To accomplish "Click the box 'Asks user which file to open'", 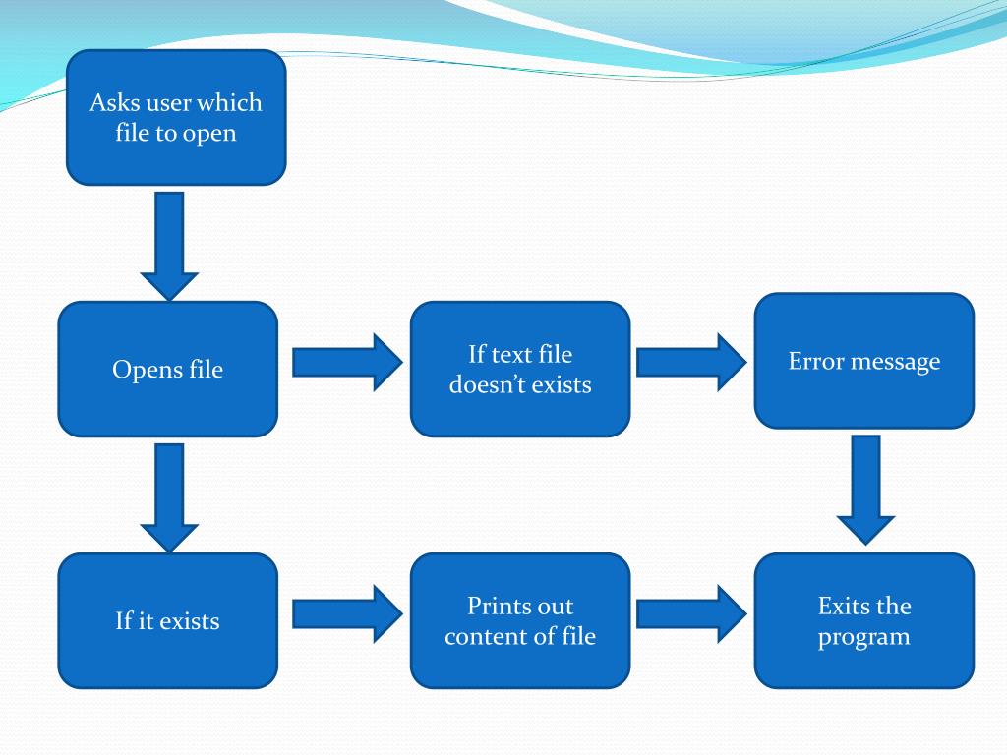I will point(176,117).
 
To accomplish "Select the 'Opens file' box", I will point(167,369).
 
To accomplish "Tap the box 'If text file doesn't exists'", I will point(519,369).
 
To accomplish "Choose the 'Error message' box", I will point(863,361).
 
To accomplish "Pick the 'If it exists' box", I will point(167,620).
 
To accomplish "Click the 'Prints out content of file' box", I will point(519,620).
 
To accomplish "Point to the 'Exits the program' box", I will point(863,620).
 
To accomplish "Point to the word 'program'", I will point(863,636).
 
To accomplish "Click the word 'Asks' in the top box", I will point(115,102).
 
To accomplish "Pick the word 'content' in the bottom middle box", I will point(482,636).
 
